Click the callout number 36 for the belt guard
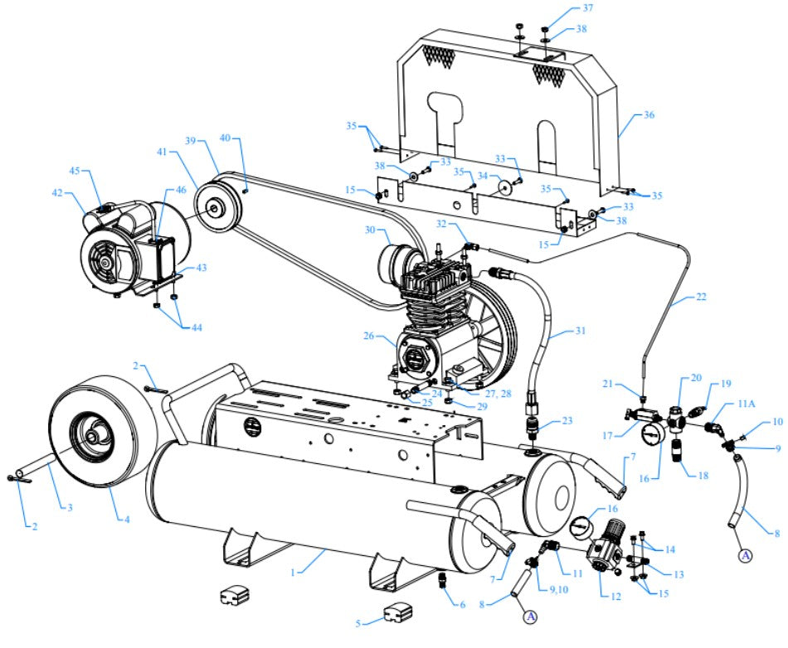click(649, 115)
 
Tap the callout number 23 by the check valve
click(567, 420)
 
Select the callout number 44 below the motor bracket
click(196, 327)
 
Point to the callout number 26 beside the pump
click(369, 336)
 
